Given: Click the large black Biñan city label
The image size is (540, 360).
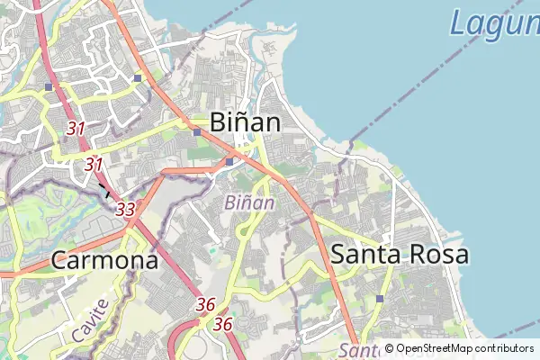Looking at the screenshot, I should [245, 121].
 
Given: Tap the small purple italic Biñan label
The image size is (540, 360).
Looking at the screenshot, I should [250, 202].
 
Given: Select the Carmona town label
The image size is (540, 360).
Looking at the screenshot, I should [104, 261].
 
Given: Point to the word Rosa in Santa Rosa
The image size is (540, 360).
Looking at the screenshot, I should [436, 254].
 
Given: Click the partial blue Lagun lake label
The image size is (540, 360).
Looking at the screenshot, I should [494, 22].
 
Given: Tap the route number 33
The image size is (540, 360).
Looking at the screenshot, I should [126, 209].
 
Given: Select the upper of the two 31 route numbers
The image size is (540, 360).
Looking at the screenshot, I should [76, 129].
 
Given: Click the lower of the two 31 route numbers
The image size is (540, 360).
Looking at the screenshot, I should [94, 165].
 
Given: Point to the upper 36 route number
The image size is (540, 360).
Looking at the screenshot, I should [205, 305].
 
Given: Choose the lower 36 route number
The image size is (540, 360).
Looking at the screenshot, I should [224, 324].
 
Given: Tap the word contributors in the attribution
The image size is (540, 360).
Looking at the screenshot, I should [505, 348].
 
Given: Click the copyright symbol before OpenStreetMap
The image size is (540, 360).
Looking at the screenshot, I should [389, 348].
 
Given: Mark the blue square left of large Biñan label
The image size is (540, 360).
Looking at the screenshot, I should [196, 132].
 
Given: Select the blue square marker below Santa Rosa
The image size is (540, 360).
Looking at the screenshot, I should [380, 299].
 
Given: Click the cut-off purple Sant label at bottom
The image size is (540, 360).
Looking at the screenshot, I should [360, 351].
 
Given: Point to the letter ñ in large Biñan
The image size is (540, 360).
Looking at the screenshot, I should [245, 121].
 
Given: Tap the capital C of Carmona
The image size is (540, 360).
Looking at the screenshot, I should [58, 261].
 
